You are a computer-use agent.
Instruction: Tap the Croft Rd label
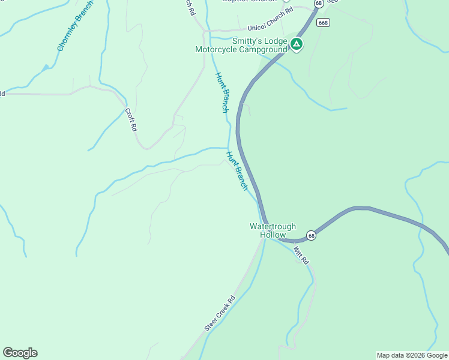(x=131, y=119)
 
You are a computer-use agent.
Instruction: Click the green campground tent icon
(x=297, y=44)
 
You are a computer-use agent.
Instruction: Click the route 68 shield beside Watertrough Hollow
(x=310, y=235)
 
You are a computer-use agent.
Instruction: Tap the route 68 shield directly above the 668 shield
(x=318, y=4)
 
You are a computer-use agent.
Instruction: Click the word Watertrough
(x=273, y=226)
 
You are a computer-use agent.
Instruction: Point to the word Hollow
(x=273, y=235)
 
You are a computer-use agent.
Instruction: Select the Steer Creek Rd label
(x=219, y=313)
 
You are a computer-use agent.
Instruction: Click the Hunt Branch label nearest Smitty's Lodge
(x=222, y=92)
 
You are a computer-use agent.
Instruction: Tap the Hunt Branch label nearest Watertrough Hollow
(x=237, y=170)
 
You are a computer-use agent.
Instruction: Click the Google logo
(x=20, y=353)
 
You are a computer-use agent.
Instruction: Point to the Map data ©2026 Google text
(x=412, y=355)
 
